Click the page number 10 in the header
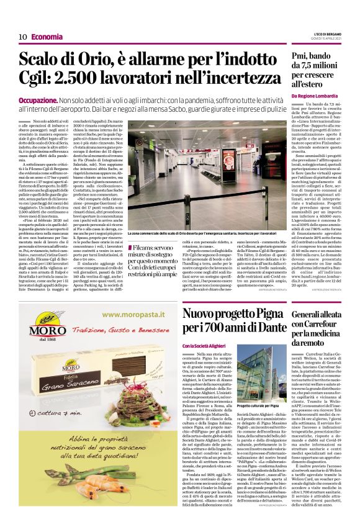[22, 37]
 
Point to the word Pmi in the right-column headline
[302, 57]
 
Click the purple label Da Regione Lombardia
[315, 96]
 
